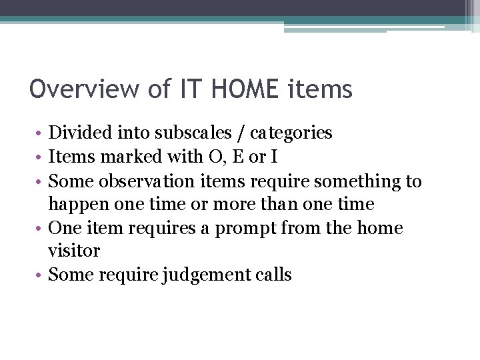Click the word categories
click(291, 133)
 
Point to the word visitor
click(74, 251)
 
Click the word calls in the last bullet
click(271, 275)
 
